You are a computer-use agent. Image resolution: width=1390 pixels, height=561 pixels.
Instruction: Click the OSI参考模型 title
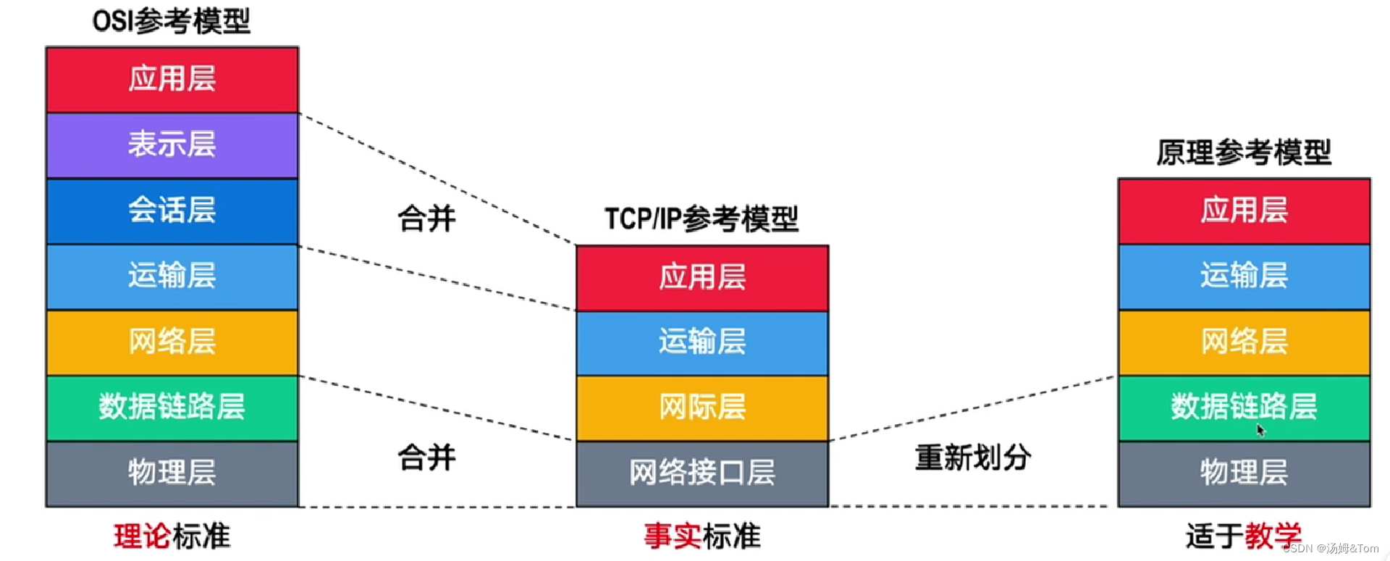[x=172, y=21]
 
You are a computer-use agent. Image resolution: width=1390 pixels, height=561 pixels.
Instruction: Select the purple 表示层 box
[x=172, y=145]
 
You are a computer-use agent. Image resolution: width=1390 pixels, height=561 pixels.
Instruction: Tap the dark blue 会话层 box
[x=172, y=211]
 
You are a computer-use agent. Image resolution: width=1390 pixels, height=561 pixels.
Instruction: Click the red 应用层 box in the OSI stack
[x=172, y=79]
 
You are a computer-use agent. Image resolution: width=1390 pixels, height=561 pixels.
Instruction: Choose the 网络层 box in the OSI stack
[x=172, y=342]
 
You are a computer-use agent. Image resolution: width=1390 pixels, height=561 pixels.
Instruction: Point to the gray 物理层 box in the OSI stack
[x=172, y=473]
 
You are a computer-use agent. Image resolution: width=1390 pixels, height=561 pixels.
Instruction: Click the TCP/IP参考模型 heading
[x=701, y=219]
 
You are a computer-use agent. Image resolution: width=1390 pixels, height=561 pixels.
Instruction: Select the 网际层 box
[x=702, y=408]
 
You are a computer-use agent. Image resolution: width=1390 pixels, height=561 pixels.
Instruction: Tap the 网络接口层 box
[x=702, y=473]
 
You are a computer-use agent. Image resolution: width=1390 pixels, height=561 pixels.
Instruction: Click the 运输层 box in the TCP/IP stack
[x=702, y=342]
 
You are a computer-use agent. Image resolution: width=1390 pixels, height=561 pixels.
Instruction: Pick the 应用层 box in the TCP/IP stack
[x=702, y=277]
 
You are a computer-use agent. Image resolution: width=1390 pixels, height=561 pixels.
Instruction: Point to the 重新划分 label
[x=972, y=457]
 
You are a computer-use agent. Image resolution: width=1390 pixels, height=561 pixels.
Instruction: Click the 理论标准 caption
[x=172, y=536]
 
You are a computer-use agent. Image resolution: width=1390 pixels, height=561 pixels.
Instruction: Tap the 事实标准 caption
[x=702, y=536]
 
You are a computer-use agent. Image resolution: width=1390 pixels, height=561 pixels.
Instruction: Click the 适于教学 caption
[x=1243, y=536]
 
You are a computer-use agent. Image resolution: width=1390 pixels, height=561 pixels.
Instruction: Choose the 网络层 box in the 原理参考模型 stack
[x=1244, y=342]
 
